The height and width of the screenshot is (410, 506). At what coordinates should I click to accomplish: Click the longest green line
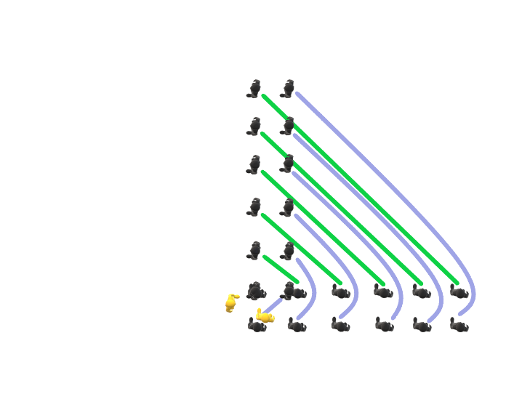click(x=360, y=189)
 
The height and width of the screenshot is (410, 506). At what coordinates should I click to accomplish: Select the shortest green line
click(x=281, y=269)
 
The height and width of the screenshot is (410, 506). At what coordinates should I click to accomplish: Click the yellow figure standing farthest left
click(x=231, y=303)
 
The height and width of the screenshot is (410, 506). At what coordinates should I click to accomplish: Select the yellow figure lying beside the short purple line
click(x=265, y=316)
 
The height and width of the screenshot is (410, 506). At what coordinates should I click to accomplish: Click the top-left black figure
click(x=254, y=89)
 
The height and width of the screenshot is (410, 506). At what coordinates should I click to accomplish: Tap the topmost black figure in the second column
click(x=289, y=89)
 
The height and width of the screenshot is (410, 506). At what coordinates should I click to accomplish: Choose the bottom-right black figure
click(x=459, y=326)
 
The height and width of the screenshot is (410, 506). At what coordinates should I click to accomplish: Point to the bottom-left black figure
click(x=256, y=326)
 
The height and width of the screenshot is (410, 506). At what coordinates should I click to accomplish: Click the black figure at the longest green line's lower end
click(x=459, y=292)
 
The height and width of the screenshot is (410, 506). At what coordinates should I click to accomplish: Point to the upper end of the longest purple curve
click(x=297, y=94)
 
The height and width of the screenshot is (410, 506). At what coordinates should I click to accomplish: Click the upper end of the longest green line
click(x=263, y=96)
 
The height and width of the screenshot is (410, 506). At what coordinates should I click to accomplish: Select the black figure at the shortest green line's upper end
click(x=254, y=252)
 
